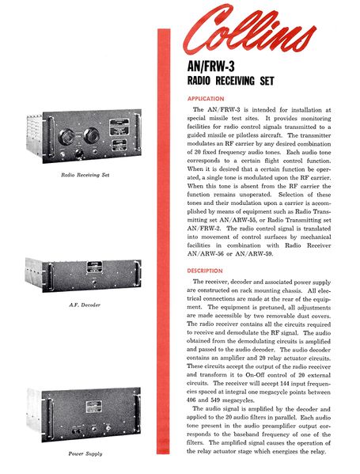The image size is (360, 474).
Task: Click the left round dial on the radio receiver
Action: (66, 142)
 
